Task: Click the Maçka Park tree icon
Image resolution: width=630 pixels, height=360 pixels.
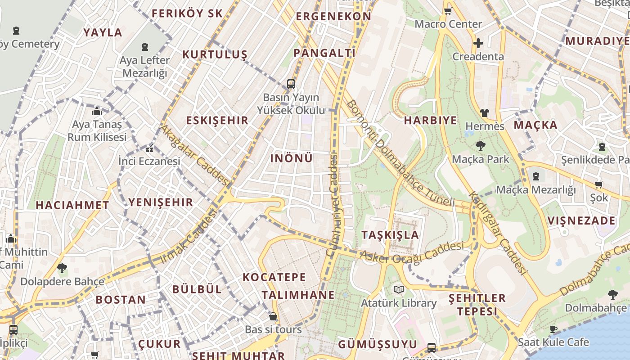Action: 481,145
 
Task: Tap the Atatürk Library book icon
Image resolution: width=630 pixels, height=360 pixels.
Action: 398,289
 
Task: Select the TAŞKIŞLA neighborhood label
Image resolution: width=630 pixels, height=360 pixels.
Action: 390,234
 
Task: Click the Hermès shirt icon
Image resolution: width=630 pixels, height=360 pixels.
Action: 484,112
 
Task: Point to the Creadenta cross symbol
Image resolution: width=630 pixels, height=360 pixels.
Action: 478,43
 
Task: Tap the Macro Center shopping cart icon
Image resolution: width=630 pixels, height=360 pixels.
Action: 448,11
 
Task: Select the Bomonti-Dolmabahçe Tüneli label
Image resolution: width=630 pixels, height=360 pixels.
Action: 400,153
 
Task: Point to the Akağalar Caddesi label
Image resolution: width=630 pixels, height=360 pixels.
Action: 195,155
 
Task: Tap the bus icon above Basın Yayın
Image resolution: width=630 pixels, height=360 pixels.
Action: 291,84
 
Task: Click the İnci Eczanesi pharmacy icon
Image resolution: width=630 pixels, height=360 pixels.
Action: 149,148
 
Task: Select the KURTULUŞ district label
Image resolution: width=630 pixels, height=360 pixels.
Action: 215,54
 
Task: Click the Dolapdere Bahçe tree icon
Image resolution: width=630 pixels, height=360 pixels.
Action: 62,269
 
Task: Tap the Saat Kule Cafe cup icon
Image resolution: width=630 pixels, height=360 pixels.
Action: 553,329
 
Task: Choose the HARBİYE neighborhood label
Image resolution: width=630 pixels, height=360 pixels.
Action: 430,120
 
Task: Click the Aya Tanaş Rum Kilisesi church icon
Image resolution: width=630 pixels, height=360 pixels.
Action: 97,112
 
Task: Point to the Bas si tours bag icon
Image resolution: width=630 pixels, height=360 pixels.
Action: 273,316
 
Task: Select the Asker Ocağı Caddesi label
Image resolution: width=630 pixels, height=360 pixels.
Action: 411,254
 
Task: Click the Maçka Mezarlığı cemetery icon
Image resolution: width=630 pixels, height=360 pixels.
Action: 536,176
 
